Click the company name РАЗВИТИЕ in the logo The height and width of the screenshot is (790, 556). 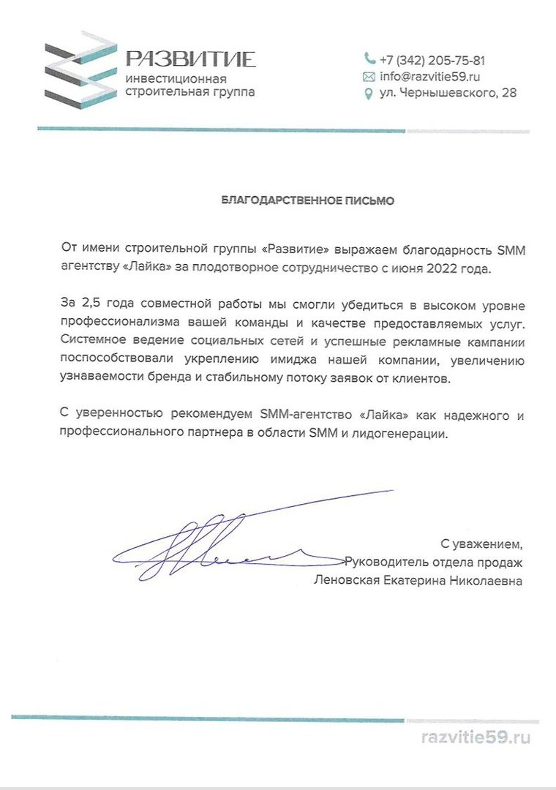point(190,59)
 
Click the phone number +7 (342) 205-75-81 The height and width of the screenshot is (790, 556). point(432,60)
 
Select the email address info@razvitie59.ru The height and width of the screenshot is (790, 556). point(429,76)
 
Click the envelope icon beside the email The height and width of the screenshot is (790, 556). point(369,77)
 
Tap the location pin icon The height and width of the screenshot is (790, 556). point(369,94)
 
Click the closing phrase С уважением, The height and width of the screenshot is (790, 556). point(481,544)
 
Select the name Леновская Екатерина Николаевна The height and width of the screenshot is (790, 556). point(418,581)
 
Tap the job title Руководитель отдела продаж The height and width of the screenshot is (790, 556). point(434,563)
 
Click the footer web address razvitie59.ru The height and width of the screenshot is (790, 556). point(476,737)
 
